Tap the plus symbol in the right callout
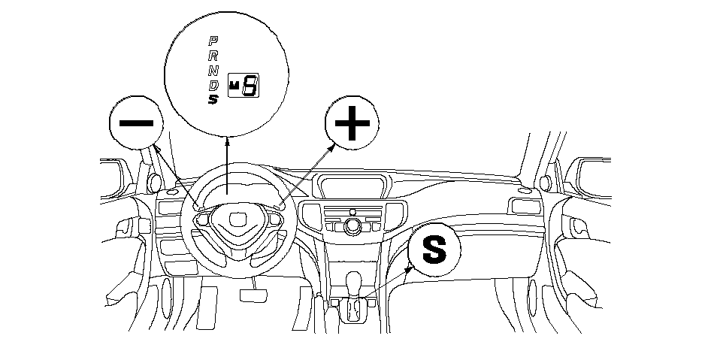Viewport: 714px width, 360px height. point(352,125)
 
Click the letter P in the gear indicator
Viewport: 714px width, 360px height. point(213,40)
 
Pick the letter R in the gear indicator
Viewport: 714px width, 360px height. point(213,54)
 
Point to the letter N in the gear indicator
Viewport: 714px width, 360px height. point(213,69)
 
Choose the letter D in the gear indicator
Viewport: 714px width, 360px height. point(213,84)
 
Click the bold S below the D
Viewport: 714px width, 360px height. point(213,99)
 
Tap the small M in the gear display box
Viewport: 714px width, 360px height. point(234,86)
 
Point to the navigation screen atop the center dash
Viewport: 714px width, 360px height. point(353,186)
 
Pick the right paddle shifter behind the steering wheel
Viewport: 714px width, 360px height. point(280,204)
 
